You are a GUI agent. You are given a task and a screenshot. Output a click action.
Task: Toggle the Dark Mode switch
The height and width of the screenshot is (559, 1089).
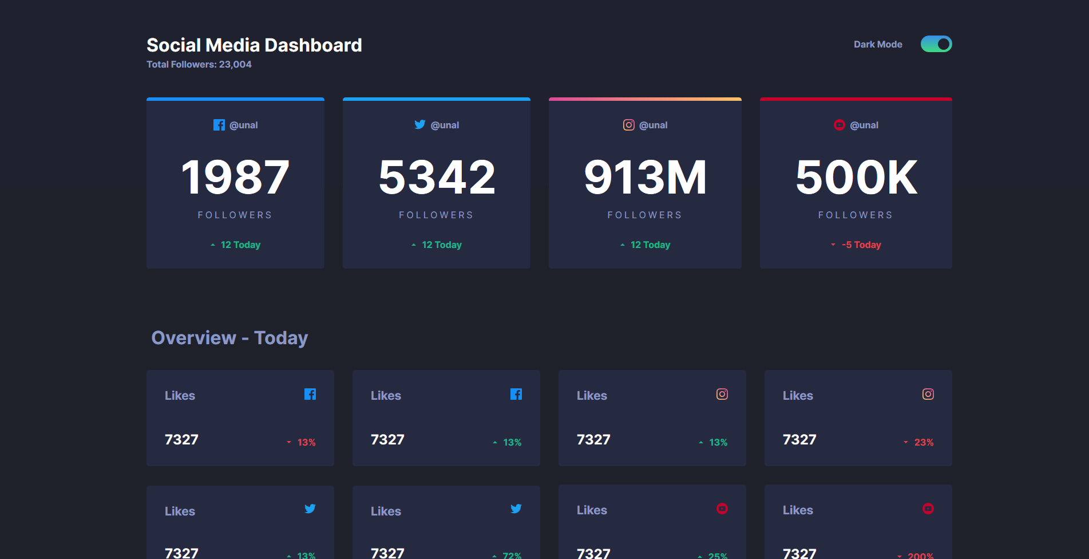936,44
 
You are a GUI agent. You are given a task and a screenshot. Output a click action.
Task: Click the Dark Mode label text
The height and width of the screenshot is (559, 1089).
877,45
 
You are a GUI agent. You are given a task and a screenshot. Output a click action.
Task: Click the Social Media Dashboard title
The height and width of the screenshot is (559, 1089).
254,45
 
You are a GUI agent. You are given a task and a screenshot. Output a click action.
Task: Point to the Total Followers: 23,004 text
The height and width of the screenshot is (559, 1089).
199,65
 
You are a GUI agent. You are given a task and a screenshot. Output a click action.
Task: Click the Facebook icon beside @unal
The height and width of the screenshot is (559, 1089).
219,125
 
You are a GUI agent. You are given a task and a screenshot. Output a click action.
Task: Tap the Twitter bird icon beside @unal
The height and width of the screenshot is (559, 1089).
419,124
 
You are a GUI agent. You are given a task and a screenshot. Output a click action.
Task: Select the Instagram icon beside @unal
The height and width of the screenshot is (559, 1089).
628,125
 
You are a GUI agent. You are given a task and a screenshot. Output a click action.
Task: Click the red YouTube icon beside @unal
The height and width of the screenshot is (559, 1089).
839,125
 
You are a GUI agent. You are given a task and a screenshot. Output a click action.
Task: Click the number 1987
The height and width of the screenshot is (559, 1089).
235,178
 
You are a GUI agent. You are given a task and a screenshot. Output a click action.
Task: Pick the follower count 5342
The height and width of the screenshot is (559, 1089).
437,178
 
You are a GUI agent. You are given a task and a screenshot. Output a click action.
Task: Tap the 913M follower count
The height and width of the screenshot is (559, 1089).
645,178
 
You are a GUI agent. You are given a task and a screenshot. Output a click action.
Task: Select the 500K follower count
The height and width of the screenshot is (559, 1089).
856,178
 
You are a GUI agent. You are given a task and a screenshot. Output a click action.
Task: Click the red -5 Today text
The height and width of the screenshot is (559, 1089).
861,245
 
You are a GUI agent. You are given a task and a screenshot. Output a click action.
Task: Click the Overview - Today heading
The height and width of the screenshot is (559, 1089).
229,338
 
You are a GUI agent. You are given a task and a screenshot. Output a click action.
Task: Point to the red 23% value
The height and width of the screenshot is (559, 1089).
924,442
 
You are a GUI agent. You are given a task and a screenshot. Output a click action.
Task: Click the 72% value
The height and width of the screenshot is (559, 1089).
512,555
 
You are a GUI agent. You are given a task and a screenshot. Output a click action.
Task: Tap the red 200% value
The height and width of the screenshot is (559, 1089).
920,555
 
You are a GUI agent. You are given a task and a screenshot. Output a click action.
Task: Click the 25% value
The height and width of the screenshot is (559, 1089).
718,555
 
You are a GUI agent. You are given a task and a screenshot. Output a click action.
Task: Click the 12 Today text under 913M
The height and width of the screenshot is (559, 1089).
650,245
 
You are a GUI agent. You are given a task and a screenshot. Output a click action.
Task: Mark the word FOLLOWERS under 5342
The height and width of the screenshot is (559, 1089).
436,215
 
